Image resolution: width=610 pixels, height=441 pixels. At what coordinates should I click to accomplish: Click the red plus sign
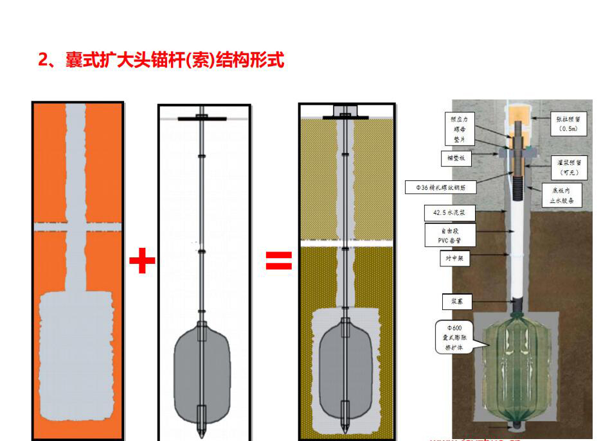(x=142, y=261)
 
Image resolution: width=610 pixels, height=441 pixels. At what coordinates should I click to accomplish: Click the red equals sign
(x=279, y=261)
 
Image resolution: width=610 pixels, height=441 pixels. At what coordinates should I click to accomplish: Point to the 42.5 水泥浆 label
(x=442, y=212)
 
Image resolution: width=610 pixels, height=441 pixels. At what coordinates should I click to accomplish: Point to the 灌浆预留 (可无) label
(x=567, y=168)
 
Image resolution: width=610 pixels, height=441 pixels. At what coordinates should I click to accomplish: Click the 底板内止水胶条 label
(x=561, y=195)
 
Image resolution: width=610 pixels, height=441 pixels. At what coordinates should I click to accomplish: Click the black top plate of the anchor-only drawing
(x=202, y=117)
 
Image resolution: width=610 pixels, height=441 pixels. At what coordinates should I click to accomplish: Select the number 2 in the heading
(x=43, y=61)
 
